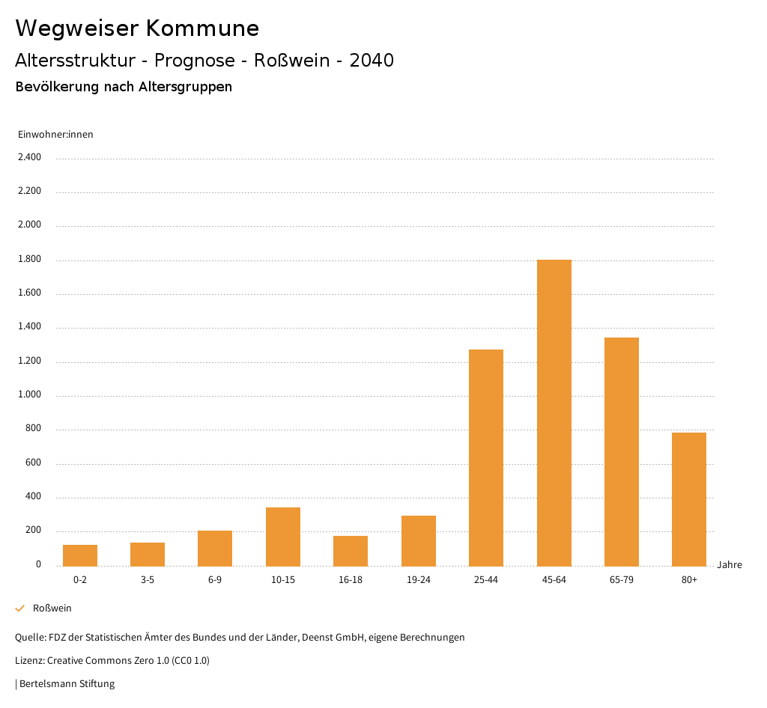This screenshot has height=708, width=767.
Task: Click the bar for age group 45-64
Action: coord(554,412)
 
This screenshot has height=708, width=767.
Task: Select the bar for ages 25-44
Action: coord(486,457)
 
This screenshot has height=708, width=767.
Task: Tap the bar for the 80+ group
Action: coord(689,499)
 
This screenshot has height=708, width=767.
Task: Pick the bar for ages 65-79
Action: coord(622,451)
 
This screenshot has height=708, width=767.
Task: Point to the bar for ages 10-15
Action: coord(283,537)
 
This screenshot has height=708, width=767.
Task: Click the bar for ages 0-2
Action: coord(80,555)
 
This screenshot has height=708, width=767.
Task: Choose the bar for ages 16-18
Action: coord(351,551)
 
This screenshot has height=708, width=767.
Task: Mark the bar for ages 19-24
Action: coord(419,540)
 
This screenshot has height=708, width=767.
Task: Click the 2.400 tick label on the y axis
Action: coord(29,157)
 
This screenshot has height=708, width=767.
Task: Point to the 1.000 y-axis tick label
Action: coord(29,395)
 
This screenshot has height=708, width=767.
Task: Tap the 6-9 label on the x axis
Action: coord(215,580)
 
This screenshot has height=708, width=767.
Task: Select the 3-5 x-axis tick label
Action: coord(148,580)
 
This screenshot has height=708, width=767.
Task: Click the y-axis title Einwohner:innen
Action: coord(55,135)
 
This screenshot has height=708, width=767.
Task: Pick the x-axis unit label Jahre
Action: coord(729,565)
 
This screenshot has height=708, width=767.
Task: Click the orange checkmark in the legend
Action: coord(20,608)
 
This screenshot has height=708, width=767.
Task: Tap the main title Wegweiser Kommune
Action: coord(137,28)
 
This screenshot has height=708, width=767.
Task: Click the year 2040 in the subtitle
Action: coord(372,61)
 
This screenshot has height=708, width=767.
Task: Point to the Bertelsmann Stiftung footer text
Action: coord(67,684)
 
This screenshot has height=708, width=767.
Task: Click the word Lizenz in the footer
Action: coord(29,661)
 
